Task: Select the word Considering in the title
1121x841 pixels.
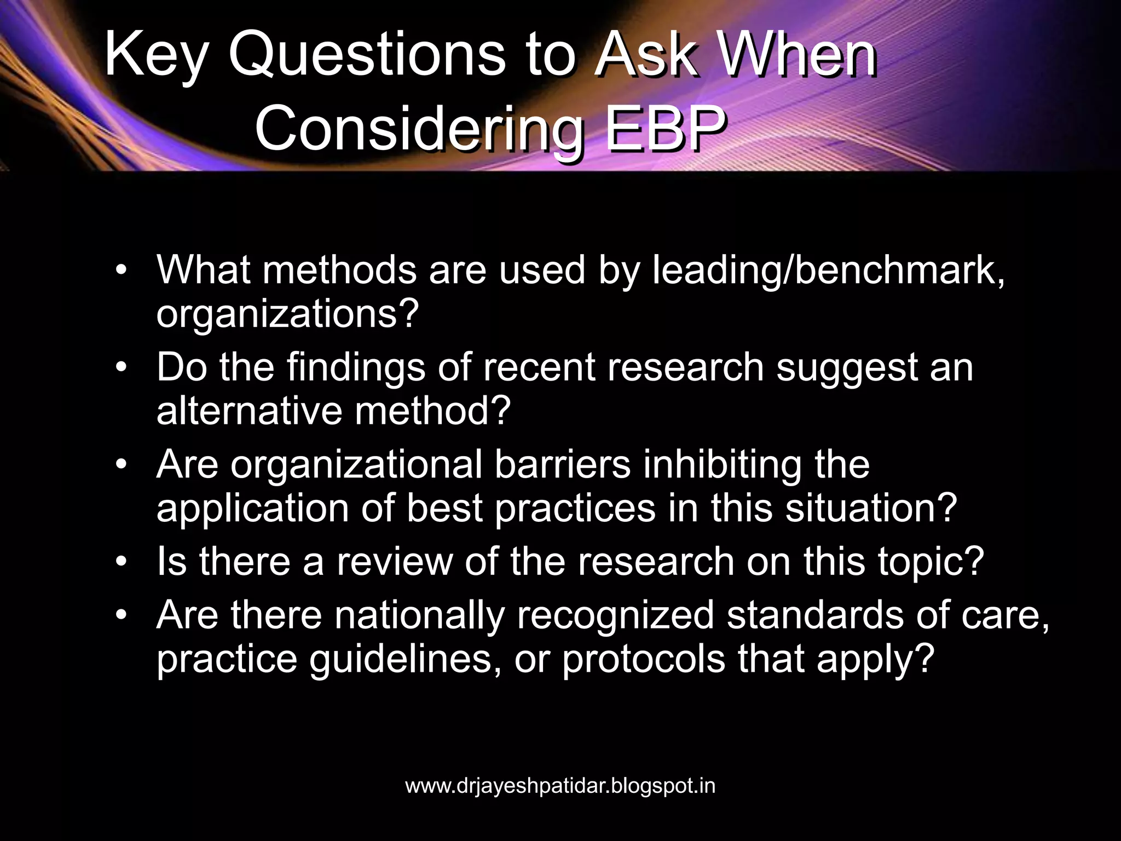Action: (419, 129)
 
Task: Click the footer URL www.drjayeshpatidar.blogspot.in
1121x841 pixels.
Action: (560, 786)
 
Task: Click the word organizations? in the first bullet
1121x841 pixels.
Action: (287, 314)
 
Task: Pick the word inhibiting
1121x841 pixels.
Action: (722, 465)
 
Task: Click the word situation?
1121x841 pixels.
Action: (871, 508)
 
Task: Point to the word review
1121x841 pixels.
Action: (394, 562)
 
